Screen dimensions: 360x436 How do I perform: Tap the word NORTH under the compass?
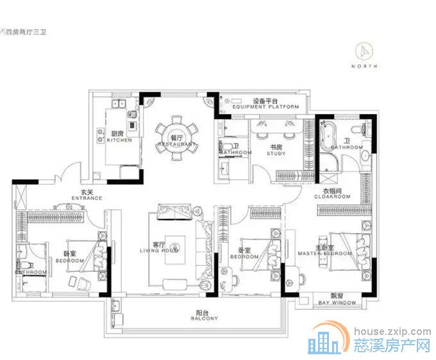[x=365, y=67]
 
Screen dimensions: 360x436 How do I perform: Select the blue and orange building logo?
[x=326, y=340]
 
